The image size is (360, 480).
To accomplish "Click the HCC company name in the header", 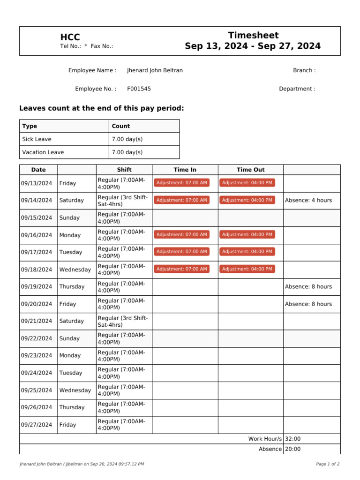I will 70,37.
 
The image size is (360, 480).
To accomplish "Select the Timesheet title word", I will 253,35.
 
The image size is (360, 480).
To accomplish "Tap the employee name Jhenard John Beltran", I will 155,70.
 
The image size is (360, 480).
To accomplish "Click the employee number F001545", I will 139,89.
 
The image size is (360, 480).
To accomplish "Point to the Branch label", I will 304,70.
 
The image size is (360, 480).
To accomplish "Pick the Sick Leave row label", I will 37,139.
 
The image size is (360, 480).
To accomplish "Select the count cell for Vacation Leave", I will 127,152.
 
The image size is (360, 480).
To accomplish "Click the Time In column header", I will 185,170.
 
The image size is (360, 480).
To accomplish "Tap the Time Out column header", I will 250,170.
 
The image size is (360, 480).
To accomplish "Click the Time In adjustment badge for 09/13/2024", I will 181,183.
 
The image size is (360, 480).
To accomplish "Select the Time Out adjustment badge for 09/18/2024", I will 247,269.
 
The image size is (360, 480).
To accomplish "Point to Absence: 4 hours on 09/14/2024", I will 308,200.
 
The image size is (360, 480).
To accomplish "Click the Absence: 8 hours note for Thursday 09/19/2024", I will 308,286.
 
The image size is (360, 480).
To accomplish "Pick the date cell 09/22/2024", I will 37,338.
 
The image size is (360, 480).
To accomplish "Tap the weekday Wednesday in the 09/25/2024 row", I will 75,390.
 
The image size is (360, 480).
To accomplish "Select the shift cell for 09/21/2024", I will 122,321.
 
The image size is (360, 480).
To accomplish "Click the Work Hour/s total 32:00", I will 292,439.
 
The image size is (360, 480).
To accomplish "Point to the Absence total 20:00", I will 292,449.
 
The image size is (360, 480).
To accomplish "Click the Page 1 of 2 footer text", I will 328,464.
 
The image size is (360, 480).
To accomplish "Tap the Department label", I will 297,89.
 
